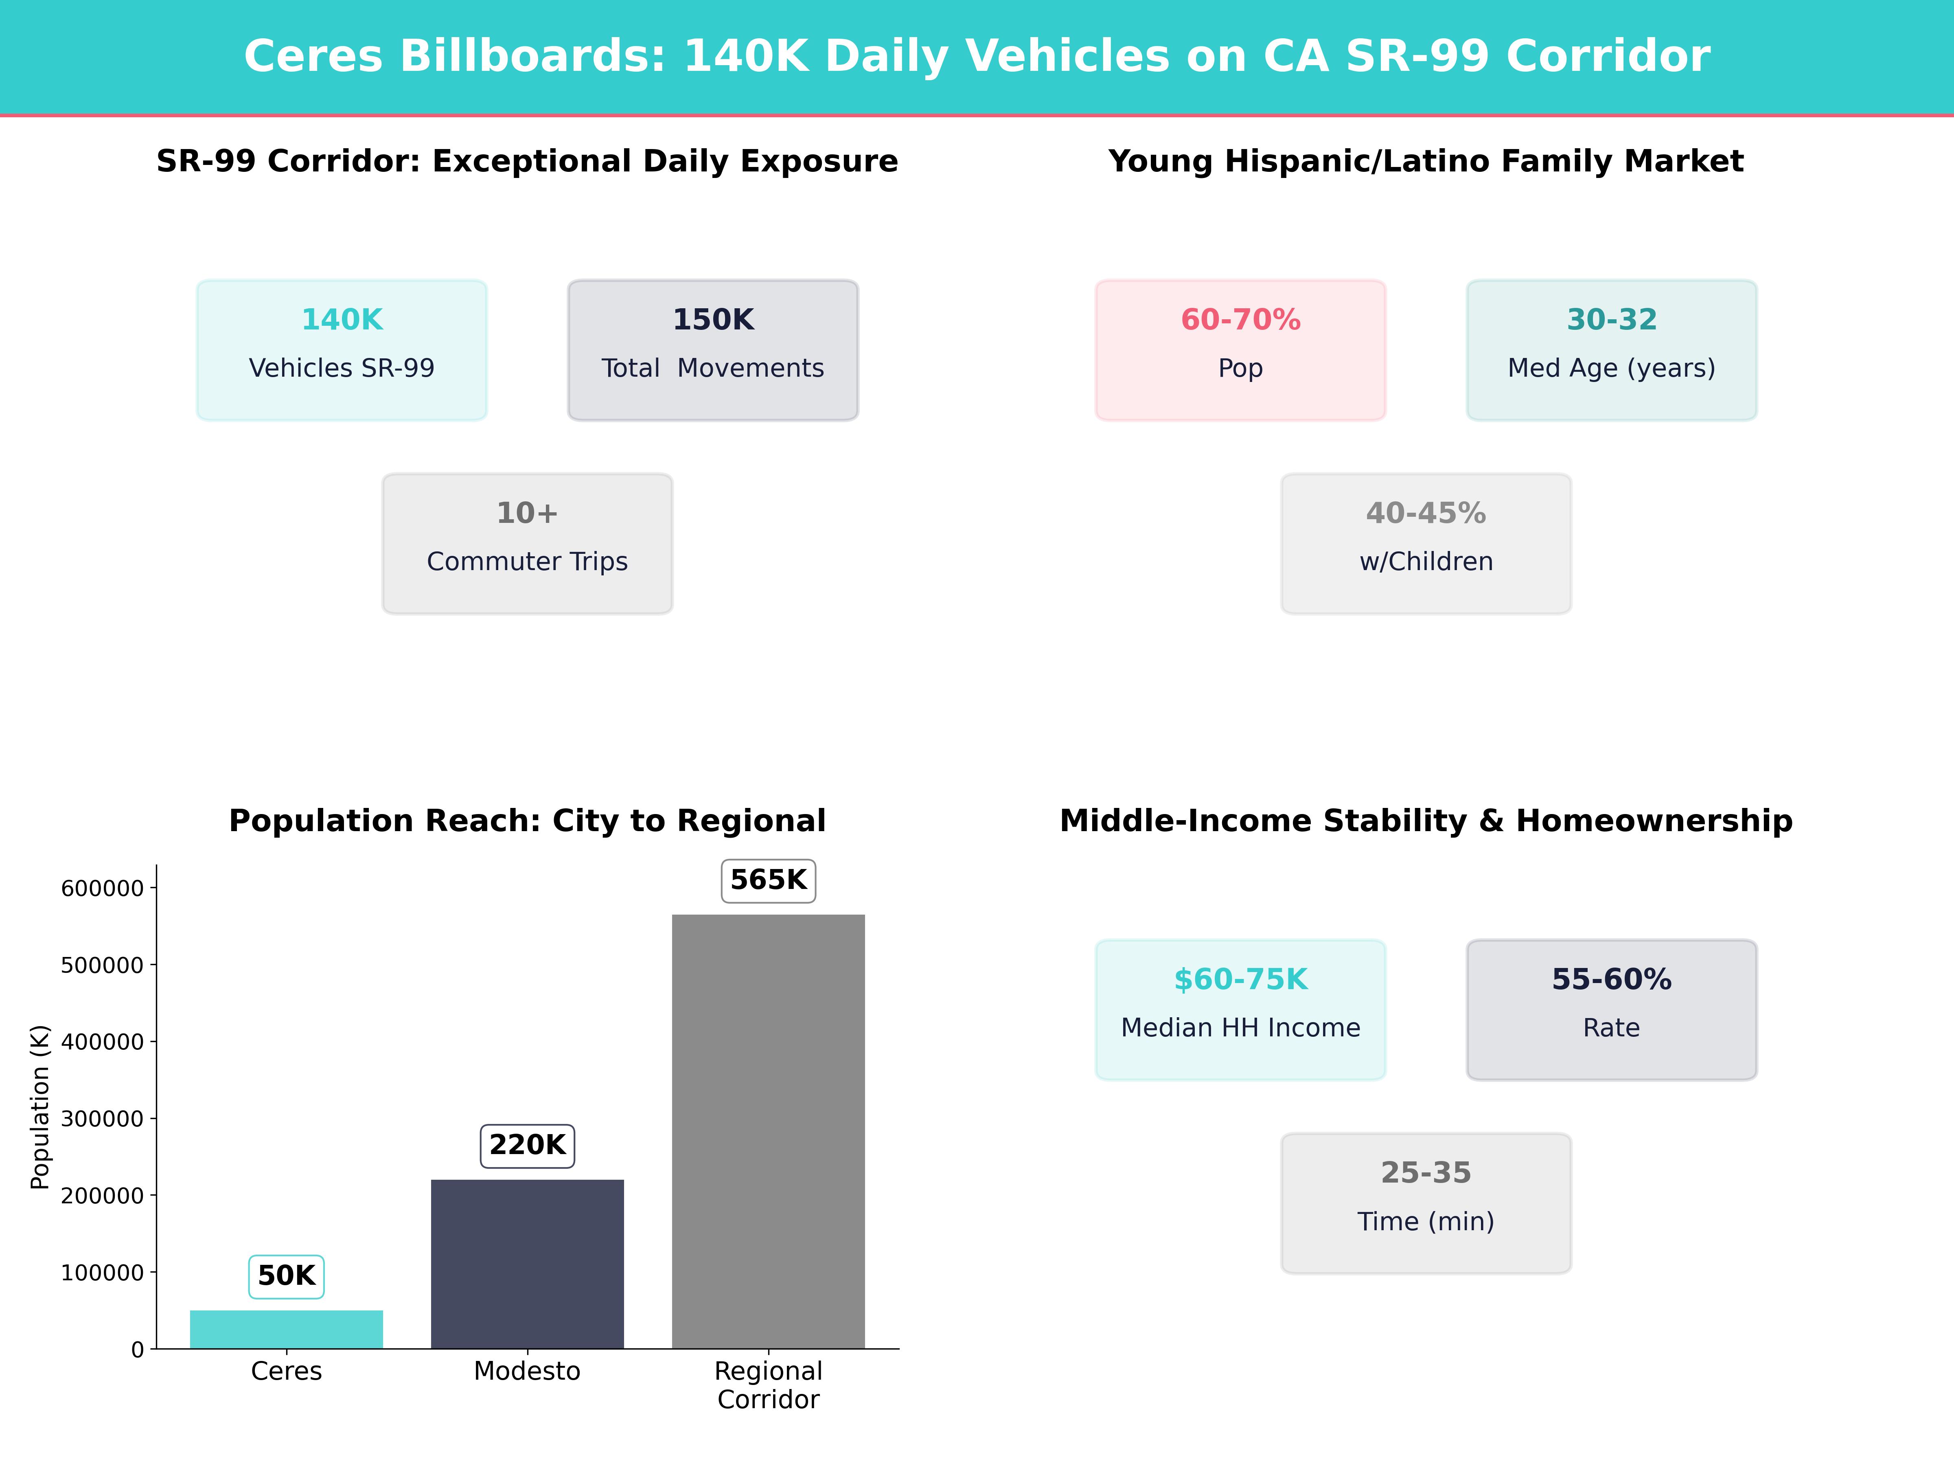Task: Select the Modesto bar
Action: [527, 1264]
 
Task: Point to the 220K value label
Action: [527, 1145]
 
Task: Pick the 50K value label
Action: [286, 1276]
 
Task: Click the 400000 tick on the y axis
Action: [102, 1042]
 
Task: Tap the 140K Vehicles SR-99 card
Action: [342, 350]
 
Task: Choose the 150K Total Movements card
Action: [713, 350]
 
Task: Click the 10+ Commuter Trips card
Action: [527, 544]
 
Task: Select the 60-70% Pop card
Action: [1240, 350]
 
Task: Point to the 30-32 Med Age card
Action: [1611, 350]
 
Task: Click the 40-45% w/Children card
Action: [1426, 544]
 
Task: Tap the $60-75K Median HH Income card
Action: [1240, 1009]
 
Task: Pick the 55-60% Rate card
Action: [1611, 1009]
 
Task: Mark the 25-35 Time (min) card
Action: [1426, 1203]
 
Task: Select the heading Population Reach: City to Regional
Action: [527, 821]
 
